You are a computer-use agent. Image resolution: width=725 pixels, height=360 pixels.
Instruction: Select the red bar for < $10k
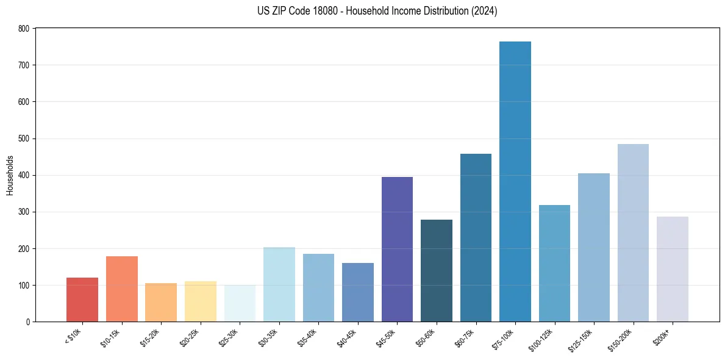pyautogui.click(x=82, y=300)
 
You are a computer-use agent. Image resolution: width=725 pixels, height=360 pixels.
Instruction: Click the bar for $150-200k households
pyautogui.click(x=633, y=232)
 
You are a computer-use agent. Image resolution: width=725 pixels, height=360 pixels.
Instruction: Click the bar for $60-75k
pyautogui.click(x=476, y=237)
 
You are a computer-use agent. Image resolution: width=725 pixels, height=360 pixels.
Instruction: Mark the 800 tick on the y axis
pyautogui.click(x=24, y=29)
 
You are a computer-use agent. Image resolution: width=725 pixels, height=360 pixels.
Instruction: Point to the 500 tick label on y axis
pyautogui.click(x=24, y=139)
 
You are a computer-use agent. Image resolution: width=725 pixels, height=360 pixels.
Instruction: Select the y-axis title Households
pyautogui.click(x=10, y=175)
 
